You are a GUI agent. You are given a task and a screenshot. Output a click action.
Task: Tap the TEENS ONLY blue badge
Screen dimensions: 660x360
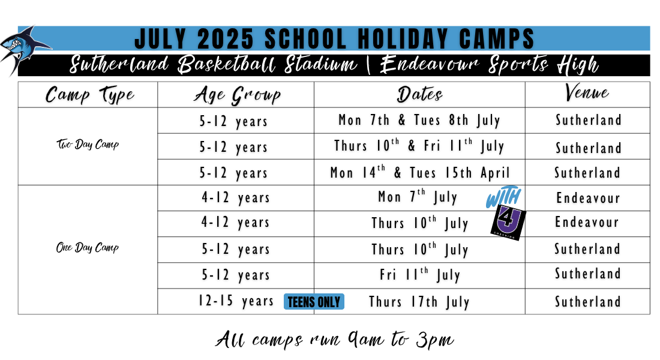[x=314, y=302]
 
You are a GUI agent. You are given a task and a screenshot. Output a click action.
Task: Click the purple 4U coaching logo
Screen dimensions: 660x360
[x=508, y=223]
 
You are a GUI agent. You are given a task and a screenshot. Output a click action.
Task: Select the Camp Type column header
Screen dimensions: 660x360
[x=89, y=95]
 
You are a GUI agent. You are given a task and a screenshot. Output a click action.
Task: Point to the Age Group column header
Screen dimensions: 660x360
[x=238, y=95]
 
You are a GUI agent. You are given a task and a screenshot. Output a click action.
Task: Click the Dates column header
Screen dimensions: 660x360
[x=419, y=94]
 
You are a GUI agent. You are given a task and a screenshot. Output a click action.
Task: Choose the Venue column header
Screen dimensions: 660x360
[x=587, y=92]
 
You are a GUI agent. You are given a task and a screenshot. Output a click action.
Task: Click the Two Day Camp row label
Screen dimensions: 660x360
[x=88, y=145]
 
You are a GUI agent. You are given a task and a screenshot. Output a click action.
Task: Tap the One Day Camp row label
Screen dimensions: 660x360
[x=88, y=247]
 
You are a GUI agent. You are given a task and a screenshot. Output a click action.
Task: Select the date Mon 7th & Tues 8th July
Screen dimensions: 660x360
[x=419, y=121]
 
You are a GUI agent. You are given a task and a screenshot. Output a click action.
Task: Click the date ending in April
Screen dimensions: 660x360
[x=419, y=172]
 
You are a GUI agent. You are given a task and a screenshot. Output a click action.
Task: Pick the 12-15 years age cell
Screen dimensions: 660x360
[x=236, y=301]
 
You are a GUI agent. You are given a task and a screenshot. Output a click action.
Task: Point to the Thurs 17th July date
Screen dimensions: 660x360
[x=419, y=302]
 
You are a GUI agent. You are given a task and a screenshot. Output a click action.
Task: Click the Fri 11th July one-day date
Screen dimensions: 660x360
[x=420, y=275]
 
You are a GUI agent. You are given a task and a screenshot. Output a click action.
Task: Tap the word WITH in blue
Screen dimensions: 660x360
[x=503, y=197]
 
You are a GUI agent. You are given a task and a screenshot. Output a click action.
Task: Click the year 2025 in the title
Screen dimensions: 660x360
[x=225, y=39]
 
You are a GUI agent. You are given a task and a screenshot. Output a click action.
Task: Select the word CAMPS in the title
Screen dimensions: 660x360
[x=497, y=39]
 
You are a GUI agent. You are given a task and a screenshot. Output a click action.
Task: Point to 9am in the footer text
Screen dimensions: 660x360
[x=366, y=340]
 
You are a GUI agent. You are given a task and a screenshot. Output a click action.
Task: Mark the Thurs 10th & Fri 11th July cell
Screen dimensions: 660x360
[x=419, y=146]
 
